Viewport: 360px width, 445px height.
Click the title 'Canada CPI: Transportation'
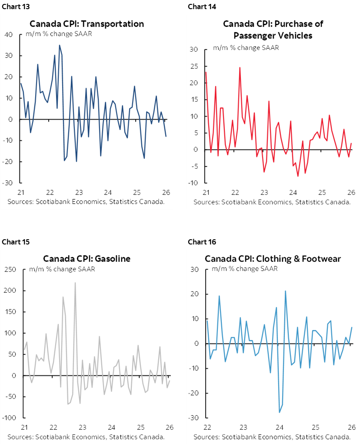[x=87, y=23]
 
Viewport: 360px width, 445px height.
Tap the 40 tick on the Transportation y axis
[x=9, y=34]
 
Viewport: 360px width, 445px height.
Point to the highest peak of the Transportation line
[x=60, y=45]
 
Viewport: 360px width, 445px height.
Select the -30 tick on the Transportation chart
[x=8, y=183]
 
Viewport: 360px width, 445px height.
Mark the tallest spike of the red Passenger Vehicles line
[x=240, y=67]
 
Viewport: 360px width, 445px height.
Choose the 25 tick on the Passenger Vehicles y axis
[x=194, y=66]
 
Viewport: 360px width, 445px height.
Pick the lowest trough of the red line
[x=298, y=176]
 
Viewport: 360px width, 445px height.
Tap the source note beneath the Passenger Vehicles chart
[x=272, y=202]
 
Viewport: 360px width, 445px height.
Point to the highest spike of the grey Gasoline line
[x=75, y=283]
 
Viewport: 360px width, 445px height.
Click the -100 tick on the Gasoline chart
[x=9, y=418]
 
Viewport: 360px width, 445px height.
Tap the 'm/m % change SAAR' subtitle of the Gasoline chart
[x=62, y=269]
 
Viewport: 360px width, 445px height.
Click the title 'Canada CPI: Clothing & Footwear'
[x=273, y=259]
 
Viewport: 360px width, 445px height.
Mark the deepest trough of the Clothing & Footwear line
[x=280, y=412]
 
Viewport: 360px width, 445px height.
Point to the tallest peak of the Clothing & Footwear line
[x=285, y=291]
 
